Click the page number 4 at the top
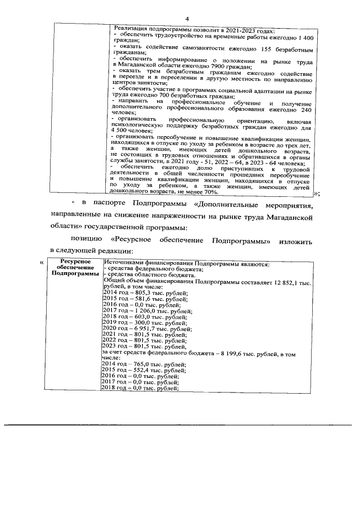pos(186,7)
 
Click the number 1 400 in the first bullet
pos(304,36)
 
